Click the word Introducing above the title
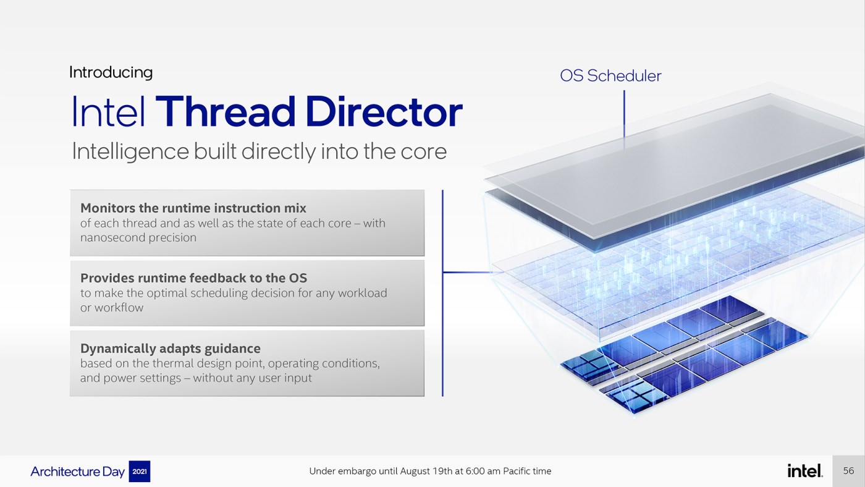tap(111, 72)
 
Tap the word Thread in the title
tap(226, 112)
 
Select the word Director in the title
tap(384, 112)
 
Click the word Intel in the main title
tap(109, 112)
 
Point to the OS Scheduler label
tap(610, 76)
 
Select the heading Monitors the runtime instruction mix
tap(193, 208)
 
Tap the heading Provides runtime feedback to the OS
tap(193, 278)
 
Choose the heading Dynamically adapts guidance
tap(171, 348)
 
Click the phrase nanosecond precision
tap(138, 237)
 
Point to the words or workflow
tap(112, 308)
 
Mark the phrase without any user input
tap(252, 378)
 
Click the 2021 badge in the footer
tap(139, 472)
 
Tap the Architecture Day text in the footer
tap(78, 472)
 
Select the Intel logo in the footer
tap(805, 471)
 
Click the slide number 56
tap(848, 471)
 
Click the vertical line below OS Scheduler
tap(624, 117)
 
